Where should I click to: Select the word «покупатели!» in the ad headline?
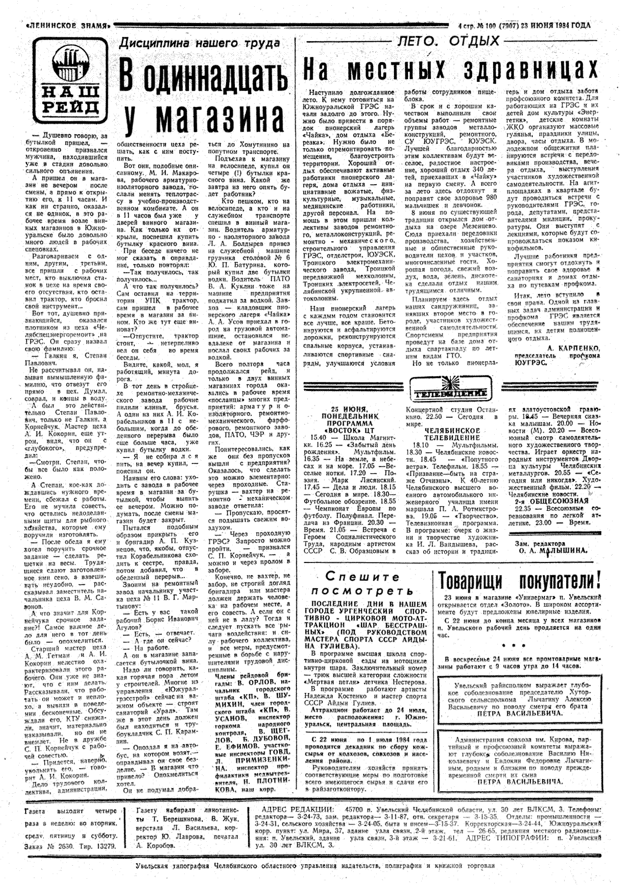tap(560, 580)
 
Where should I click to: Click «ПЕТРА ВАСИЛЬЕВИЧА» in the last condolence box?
tap(520, 782)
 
